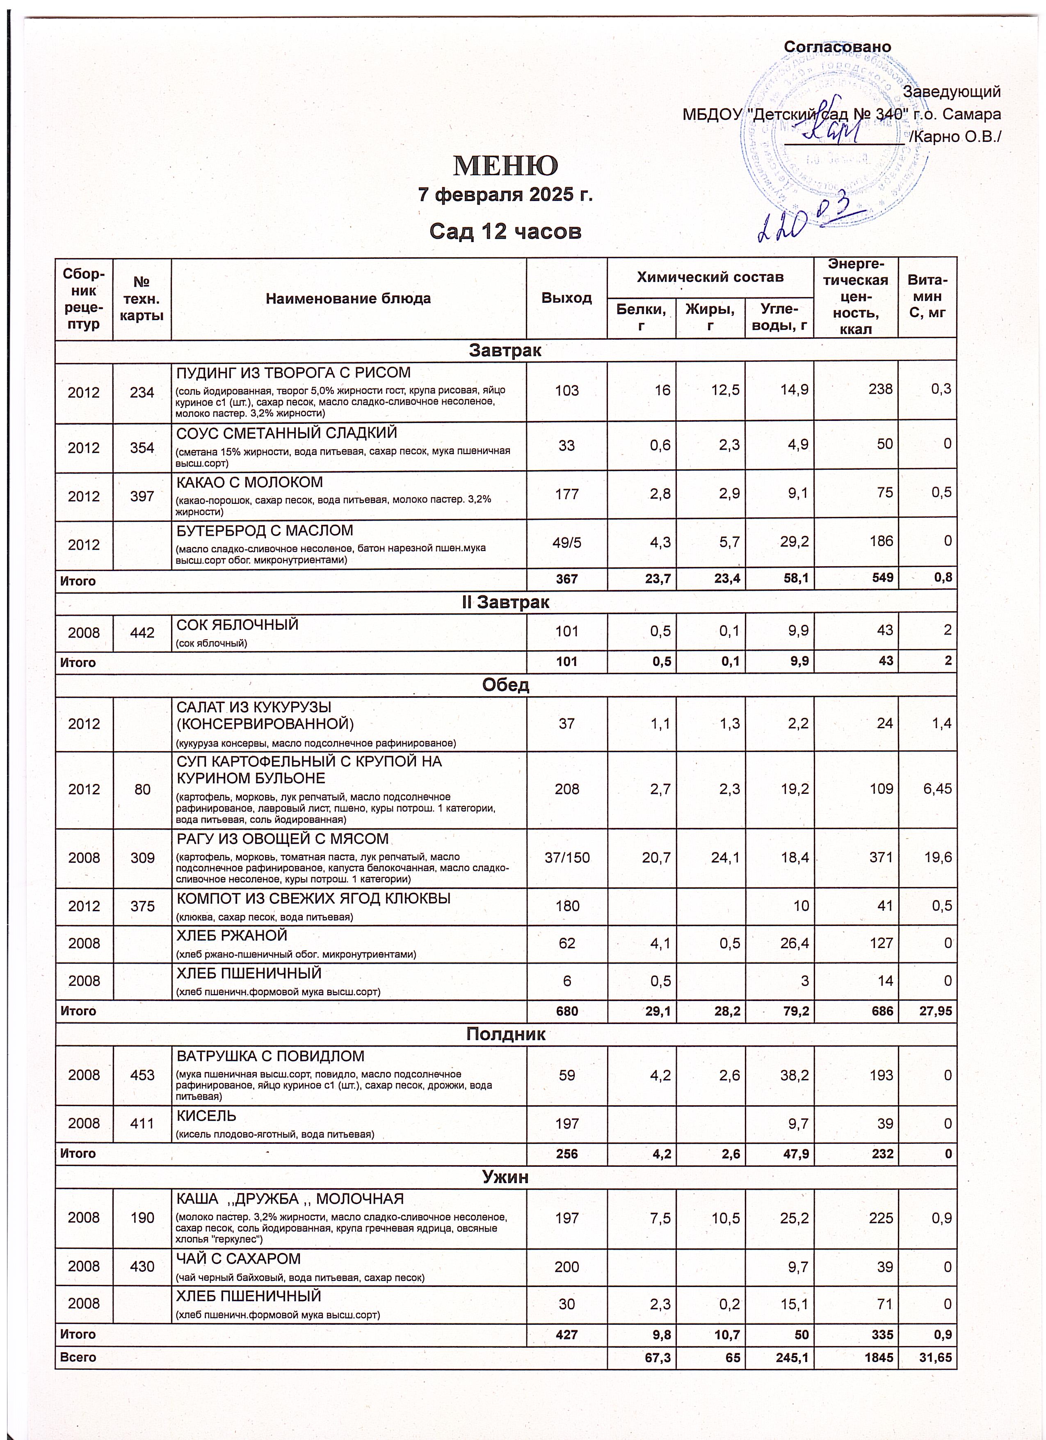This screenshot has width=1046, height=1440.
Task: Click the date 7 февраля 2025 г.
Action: pos(505,195)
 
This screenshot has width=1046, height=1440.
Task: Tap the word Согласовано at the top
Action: pos(837,47)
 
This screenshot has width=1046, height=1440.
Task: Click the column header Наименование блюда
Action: pos(348,298)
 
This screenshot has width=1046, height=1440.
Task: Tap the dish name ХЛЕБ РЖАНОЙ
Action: pos(232,936)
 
